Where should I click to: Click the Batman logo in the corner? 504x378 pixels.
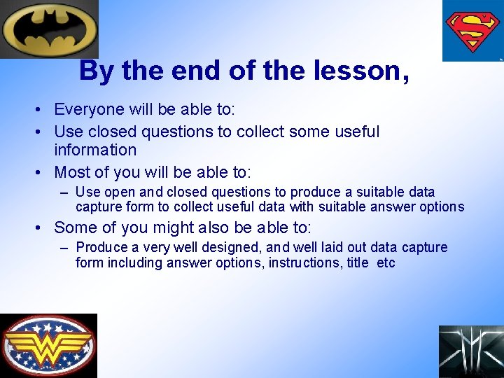pyautogui.click(x=48, y=29)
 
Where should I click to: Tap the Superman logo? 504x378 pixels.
pyautogui.click(x=472, y=31)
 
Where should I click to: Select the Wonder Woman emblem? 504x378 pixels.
pyautogui.click(x=48, y=346)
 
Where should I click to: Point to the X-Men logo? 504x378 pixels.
pyautogui.click(x=471, y=351)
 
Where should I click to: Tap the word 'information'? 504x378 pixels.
pyautogui.click(x=95, y=150)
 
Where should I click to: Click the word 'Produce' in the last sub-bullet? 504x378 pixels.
pyautogui.click(x=101, y=247)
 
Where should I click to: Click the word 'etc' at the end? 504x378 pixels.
pyautogui.click(x=386, y=263)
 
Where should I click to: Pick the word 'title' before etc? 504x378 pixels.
pyautogui.click(x=358, y=263)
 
